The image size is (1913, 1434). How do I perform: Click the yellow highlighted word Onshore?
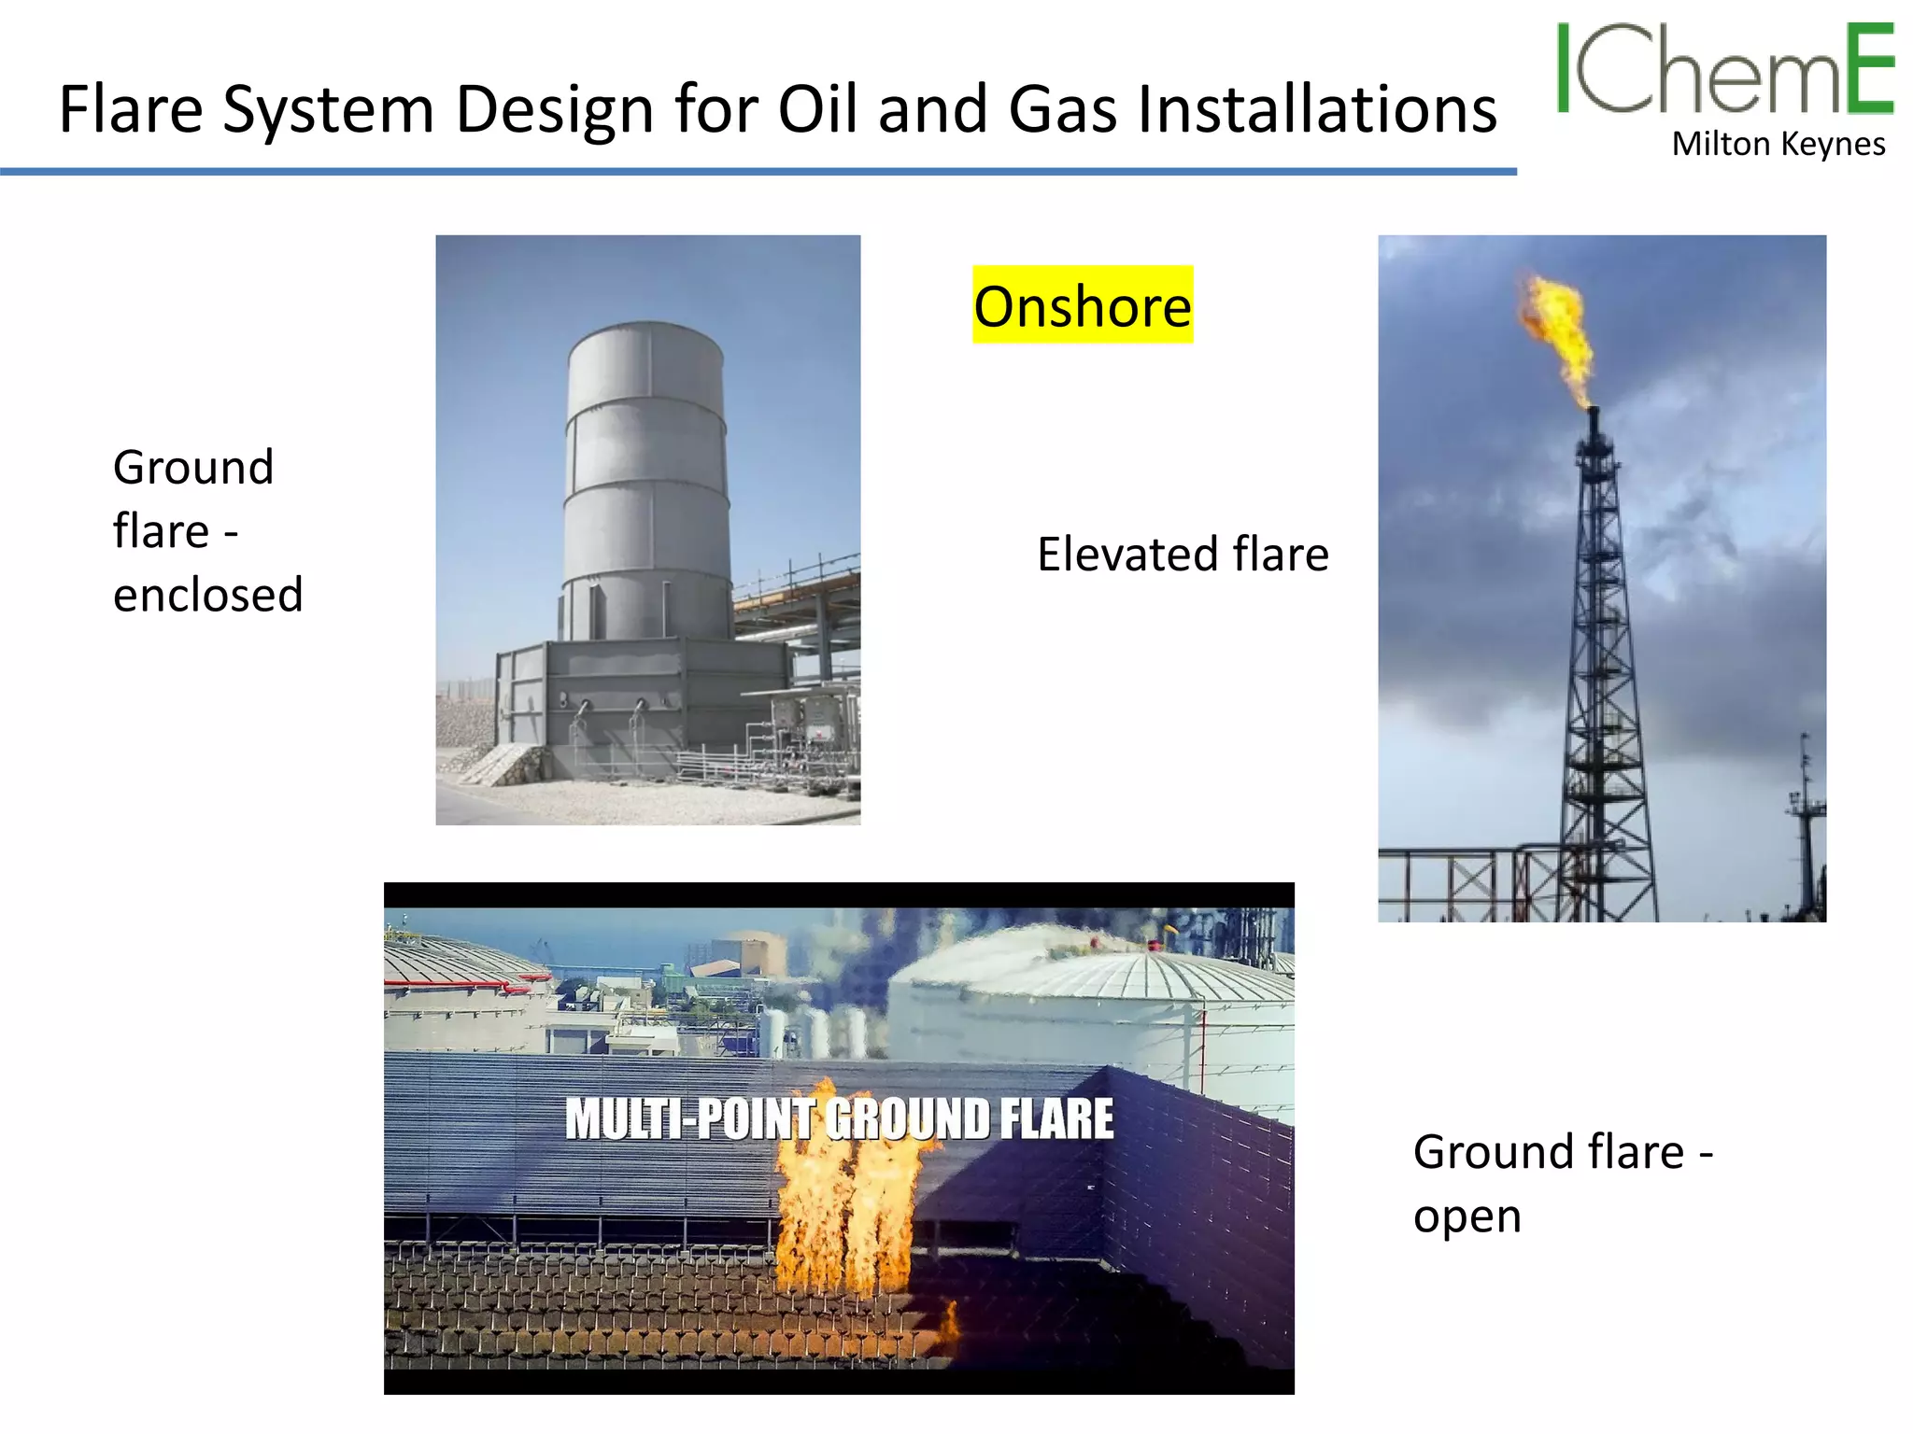click(x=1083, y=306)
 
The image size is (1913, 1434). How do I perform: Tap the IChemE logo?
click(x=1723, y=70)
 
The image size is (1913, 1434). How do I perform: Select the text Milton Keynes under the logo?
click(x=1778, y=145)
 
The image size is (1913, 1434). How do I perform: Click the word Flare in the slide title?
click(x=131, y=110)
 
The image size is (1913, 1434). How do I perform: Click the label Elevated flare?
click(x=1183, y=554)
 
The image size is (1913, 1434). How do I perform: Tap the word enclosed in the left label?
click(x=208, y=595)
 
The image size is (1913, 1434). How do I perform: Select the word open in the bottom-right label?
click(x=1467, y=1216)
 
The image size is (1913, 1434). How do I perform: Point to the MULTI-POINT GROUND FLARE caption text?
click(x=839, y=1118)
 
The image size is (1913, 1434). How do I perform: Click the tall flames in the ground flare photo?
click(x=845, y=1214)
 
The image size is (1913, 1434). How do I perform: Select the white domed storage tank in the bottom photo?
click(x=1093, y=999)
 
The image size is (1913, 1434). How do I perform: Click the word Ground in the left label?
click(x=193, y=467)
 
